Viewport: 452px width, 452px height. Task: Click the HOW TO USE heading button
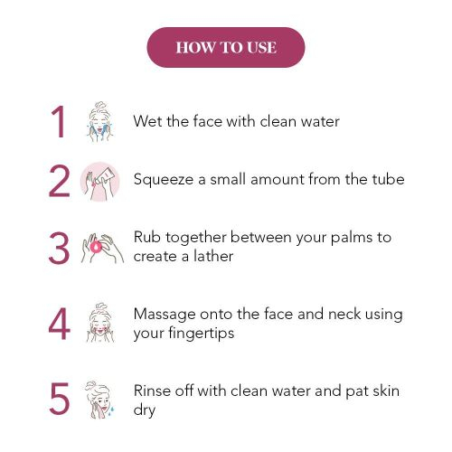coord(226,47)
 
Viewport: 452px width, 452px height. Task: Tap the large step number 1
coord(58,122)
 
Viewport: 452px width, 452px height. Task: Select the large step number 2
coord(59,181)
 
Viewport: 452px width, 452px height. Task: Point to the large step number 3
coord(59,248)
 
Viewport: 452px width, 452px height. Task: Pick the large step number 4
coord(59,324)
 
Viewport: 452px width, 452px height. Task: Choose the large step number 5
coord(60,398)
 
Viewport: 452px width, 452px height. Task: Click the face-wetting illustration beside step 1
coord(99,122)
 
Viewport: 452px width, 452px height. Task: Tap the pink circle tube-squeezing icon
coord(99,182)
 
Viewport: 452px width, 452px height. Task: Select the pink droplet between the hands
coord(96,247)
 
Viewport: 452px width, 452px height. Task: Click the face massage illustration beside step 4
coord(100,323)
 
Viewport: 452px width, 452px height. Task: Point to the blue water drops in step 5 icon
coord(112,410)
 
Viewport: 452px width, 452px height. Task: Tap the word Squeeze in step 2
coord(164,180)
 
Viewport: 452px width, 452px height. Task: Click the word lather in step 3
coord(213,256)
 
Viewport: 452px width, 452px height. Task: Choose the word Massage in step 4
coord(165,315)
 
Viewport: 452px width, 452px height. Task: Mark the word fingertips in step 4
coord(202,334)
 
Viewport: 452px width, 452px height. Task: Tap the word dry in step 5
coord(145,410)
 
